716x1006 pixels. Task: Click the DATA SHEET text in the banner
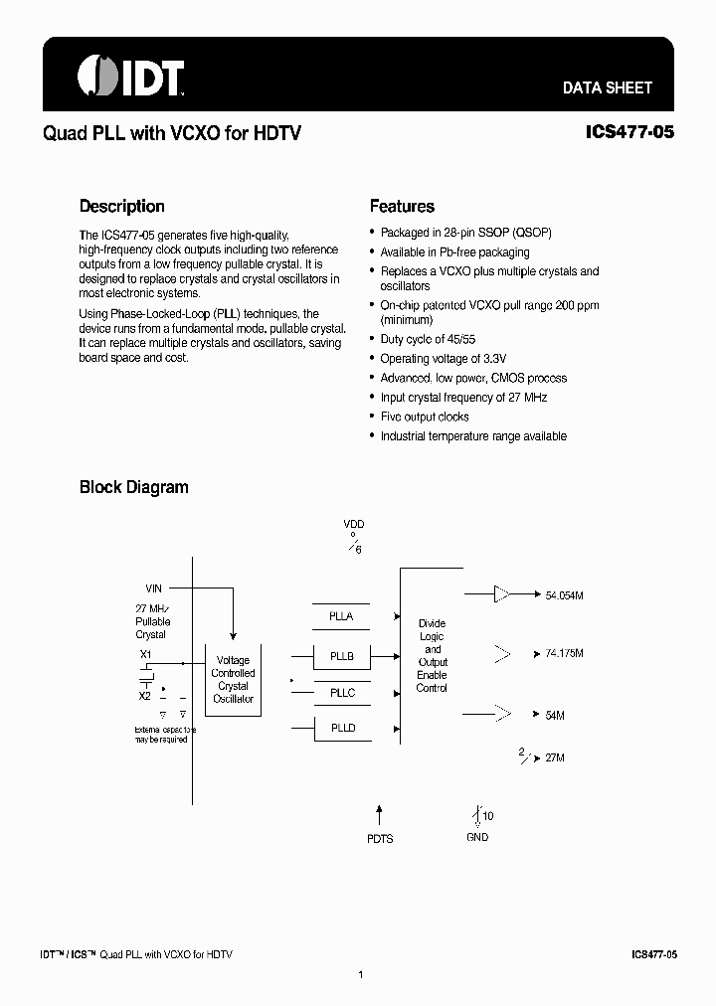[608, 87]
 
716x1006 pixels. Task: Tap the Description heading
[121, 207]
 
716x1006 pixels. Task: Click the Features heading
[402, 207]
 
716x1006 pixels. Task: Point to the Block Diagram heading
[133, 487]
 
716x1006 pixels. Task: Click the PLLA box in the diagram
[341, 616]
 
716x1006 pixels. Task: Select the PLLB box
[341, 656]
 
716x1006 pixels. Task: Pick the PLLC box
[341, 693]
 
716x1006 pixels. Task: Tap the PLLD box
[341, 729]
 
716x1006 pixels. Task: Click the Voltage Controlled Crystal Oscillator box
[233, 679]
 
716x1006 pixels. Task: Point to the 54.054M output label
[564, 595]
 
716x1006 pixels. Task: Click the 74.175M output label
[564, 654]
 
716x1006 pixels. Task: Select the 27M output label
[555, 757]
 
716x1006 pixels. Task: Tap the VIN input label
[153, 588]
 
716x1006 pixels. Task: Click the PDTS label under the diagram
[380, 839]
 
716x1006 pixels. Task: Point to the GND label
[478, 837]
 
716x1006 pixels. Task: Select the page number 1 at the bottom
[360, 974]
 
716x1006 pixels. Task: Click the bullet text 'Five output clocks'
[425, 417]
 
